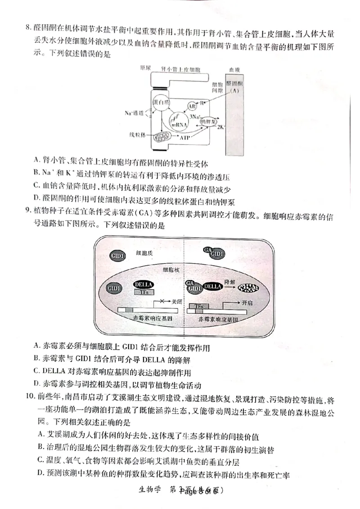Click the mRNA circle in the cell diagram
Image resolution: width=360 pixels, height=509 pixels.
[x=178, y=122]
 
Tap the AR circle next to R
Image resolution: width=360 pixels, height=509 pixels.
[x=191, y=106]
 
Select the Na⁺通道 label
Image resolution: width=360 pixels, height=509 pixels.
[x=134, y=113]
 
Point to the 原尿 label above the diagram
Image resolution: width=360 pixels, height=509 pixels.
[x=145, y=68]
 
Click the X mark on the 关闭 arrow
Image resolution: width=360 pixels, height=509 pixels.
[x=161, y=302]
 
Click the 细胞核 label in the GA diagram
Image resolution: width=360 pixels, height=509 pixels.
[x=172, y=270]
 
